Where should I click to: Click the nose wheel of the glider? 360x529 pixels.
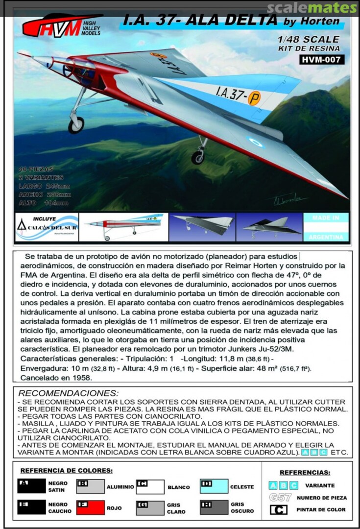76,125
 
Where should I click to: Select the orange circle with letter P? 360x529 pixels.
254,98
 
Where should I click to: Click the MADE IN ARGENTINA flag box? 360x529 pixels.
326,227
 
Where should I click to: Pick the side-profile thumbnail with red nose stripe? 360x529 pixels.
123,227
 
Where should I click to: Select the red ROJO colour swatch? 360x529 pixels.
91,507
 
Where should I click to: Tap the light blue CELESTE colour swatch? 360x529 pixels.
214,486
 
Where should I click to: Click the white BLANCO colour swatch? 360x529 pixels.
150,487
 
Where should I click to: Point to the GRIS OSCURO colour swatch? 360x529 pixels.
214,507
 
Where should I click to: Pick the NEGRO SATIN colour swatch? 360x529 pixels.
31,486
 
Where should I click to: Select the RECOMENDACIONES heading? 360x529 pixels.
68,393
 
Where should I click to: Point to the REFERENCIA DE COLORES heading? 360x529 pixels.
67,470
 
